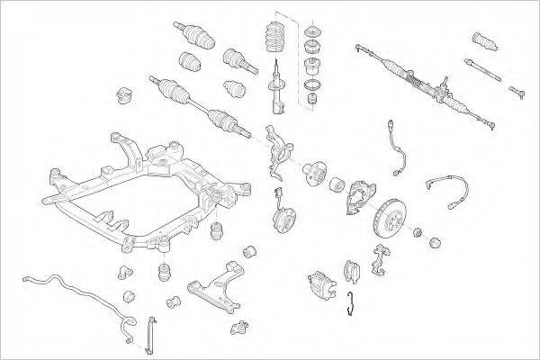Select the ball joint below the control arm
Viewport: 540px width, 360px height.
click(x=239, y=324)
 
